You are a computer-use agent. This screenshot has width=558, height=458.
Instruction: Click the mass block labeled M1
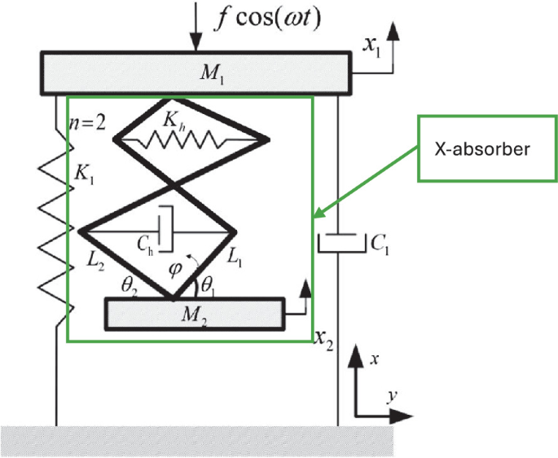point(196,73)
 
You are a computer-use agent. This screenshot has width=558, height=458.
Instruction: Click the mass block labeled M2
point(196,314)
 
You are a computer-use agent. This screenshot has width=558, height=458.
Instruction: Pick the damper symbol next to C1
point(339,241)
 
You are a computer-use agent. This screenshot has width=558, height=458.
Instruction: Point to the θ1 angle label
point(210,286)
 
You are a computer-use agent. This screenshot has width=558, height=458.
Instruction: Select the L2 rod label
point(97,260)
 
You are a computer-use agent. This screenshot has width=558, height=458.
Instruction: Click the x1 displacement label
point(371,46)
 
